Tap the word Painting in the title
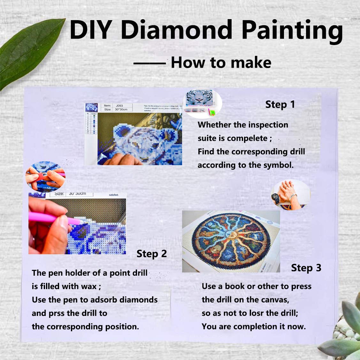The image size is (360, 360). pyautogui.click(x=292, y=31)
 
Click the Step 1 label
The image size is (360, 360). pyautogui.click(x=280, y=104)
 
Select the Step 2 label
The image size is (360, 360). pyautogui.click(x=151, y=254)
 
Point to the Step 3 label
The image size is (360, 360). pyautogui.click(x=306, y=268)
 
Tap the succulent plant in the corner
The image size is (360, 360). pyautogui.click(x=345, y=332)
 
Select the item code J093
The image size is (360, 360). pyautogui.click(x=119, y=105)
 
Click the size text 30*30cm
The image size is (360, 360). pyautogui.click(x=121, y=110)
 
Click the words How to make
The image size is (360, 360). pyautogui.click(x=221, y=63)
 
